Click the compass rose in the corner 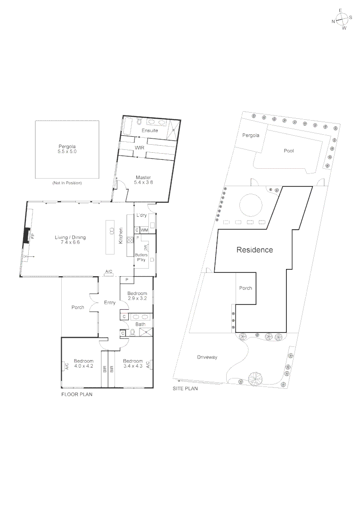coord(342,19)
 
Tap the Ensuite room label coord(149,131)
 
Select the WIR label coord(139,148)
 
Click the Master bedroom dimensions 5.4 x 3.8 coord(143,182)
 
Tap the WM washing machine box coord(144,230)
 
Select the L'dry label coord(142,215)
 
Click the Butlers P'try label coord(142,257)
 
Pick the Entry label coord(110,303)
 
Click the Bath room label coord(141,324)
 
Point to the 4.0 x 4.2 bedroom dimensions coord(83,366)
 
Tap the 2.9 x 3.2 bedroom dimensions coord(137,299)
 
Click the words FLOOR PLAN coord(77,394)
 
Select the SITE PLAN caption coord(185,389)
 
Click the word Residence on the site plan coord(254,250)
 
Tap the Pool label coord(289,151)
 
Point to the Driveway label coord(207,357)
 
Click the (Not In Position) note coord(67,183)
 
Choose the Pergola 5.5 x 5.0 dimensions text coord(67,152)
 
